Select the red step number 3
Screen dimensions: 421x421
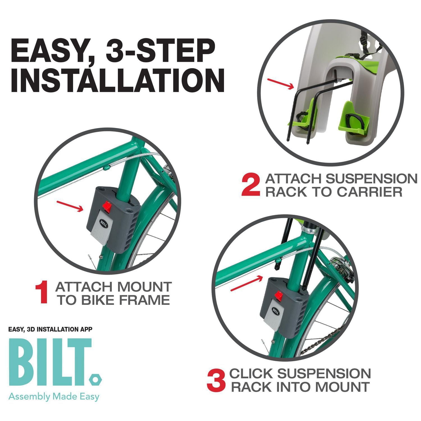(216, 381)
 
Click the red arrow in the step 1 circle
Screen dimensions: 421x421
(70, 206)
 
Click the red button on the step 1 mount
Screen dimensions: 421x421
(106, 206)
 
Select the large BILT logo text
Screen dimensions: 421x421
(51, 362)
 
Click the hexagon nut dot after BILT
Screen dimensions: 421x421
(96, 380)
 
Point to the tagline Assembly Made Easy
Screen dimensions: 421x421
(54, 397)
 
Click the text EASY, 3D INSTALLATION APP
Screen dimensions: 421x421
(50, 329)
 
